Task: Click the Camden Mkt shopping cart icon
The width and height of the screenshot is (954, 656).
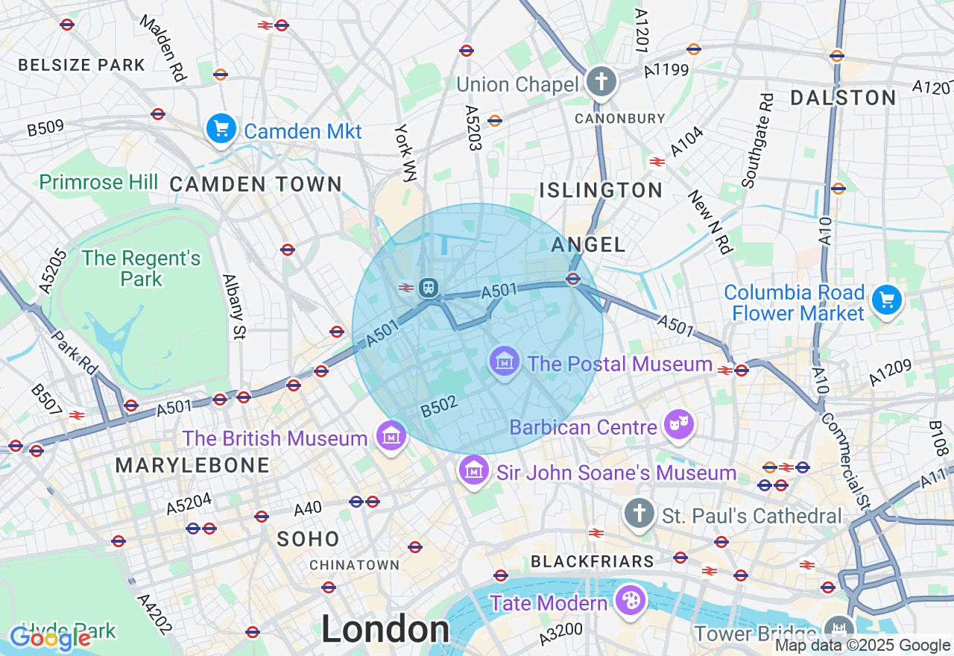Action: tap(221, 129)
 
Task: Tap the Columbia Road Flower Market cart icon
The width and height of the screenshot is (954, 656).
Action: tap(886, 301)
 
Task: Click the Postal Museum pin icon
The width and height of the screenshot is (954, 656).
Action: tap(505, 362)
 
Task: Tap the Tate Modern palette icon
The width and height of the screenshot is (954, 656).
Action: tap(630, 600)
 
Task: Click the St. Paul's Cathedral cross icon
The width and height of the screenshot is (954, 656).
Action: tap(639, 514)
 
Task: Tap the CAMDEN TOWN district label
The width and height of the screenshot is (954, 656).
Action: tap(256, 184)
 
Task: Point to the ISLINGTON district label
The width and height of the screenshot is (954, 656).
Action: tap(601, 190)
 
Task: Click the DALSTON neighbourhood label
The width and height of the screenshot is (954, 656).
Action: tap(843, 98)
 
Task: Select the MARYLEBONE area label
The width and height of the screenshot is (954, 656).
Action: tap(192, 465)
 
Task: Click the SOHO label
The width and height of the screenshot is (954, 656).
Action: tap(308, 539)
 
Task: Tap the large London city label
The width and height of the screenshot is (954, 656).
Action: tap(385, 630)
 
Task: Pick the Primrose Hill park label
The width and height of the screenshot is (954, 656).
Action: tap(98, 182)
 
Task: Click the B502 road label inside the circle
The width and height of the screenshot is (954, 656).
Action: tap(438, 407)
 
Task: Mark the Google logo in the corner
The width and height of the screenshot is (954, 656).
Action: tap(50, 637)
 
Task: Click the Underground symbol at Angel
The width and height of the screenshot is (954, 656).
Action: tap(573, 279)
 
